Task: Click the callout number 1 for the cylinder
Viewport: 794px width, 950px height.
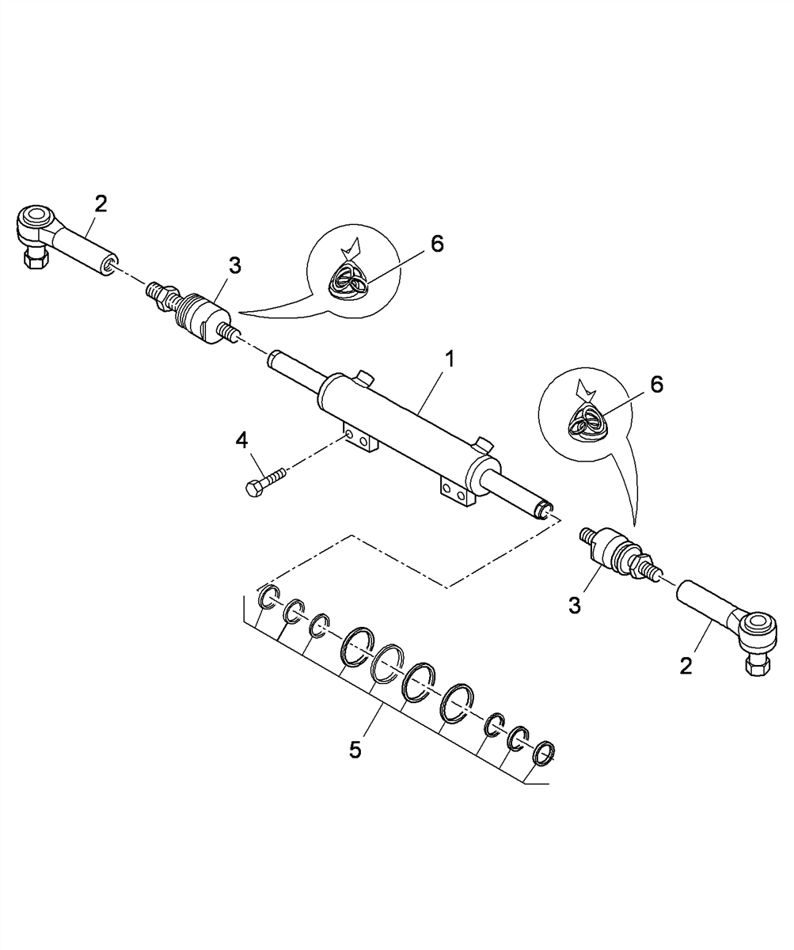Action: point(450,359)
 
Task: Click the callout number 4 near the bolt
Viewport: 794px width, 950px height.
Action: point(241,440)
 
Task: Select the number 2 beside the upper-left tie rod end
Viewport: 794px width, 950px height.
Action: point(100,203)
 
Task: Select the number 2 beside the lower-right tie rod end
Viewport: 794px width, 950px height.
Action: point(686,667)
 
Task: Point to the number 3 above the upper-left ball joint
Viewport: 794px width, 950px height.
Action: point(235,266)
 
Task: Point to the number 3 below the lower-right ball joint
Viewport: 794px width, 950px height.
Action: point(575,606)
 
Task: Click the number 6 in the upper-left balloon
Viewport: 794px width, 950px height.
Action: point(437,244)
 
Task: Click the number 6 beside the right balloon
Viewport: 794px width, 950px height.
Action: point(656,386)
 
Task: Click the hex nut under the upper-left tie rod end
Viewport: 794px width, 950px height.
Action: point(32,260)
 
